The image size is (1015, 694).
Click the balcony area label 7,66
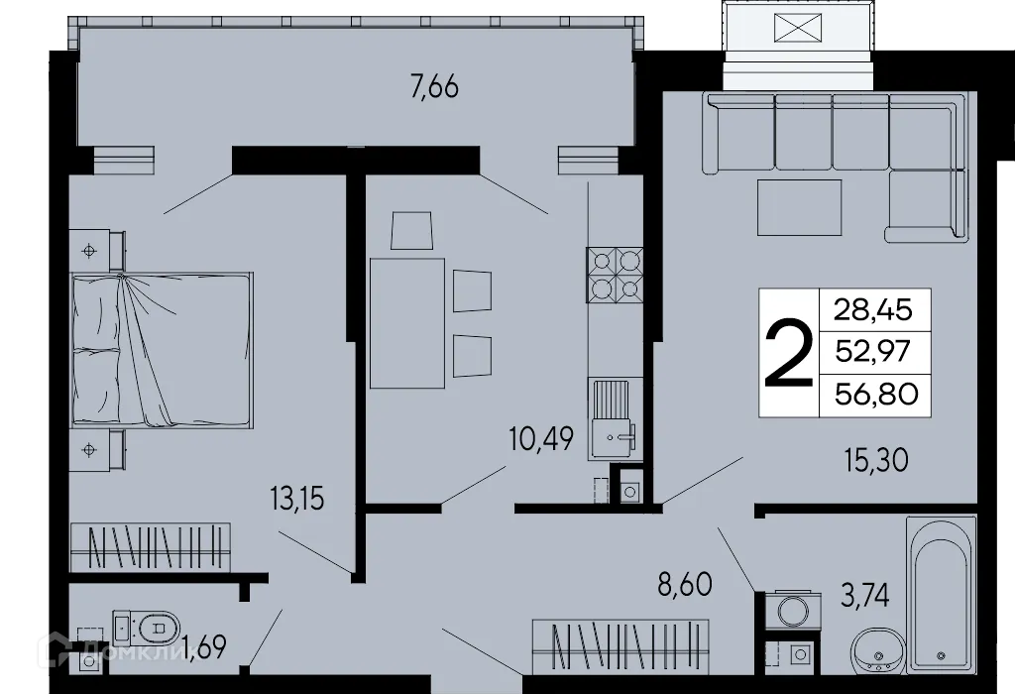point(434,87)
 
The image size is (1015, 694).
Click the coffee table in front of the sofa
point(799,207)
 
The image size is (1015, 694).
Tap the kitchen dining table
point(406,322)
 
